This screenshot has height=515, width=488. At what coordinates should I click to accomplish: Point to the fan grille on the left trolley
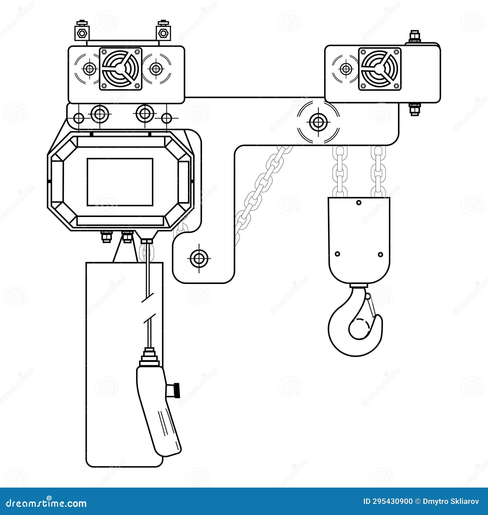120,69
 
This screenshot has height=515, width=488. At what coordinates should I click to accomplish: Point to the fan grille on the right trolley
380,69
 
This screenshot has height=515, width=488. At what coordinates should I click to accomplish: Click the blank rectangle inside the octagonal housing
120,182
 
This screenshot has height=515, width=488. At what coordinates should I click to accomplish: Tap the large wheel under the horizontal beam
318,122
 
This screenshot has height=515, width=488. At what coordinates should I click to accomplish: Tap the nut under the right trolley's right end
414,108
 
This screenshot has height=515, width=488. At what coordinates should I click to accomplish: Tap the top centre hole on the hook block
359,202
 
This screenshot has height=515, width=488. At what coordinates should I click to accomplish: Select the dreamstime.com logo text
46,503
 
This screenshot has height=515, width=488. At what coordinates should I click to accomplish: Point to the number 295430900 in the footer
393,502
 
